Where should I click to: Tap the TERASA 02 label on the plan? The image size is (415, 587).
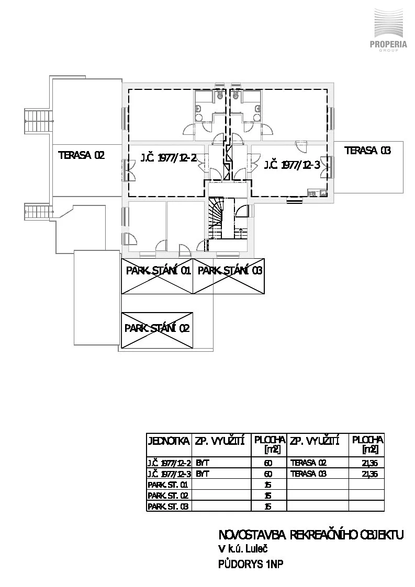coord(81,155)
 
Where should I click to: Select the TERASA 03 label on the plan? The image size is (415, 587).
coord(367,151)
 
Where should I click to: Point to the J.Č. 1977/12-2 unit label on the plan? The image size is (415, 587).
coord(169,158)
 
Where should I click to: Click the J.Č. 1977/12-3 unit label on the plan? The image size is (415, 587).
coord(293,165)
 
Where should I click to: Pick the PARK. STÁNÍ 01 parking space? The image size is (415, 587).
coord(157,277)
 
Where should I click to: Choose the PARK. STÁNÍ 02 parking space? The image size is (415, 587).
coord(157,330)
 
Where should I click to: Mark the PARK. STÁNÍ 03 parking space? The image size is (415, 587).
coord(229,277)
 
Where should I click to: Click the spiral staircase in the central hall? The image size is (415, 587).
coord(216,219)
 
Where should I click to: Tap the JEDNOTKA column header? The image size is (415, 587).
coord(169,441)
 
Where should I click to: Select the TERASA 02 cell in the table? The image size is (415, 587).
coord(308,463)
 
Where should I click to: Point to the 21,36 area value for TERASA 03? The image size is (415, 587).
coord(369,474)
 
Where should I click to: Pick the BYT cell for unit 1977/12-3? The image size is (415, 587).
coord(202,474)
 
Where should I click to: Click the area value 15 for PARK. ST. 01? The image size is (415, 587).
coord(268,485)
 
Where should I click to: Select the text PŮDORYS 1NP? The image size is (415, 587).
coord(251,564)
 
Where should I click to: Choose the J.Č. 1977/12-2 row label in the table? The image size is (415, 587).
coord(169,463)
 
